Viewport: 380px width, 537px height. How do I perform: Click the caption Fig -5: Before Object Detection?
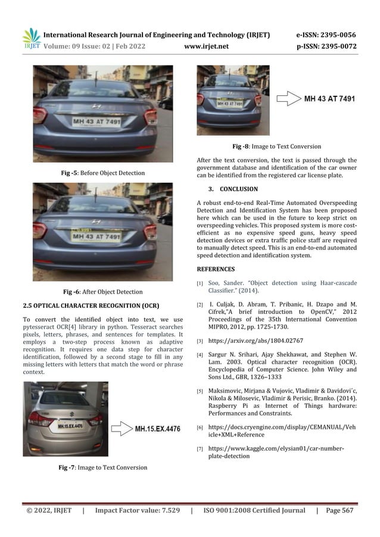coord(103,173)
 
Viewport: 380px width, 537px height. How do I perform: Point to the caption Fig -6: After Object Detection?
coord(102,292)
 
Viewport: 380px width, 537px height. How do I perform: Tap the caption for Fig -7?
coord(102,467)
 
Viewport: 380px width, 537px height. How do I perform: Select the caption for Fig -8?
coord(276,146)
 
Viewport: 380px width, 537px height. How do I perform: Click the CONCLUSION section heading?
coord(238,189)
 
